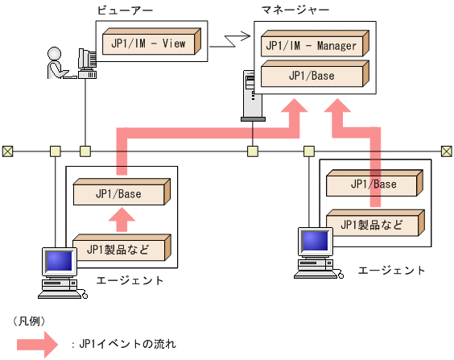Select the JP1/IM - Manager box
pyautogui.click(x=312, y=45)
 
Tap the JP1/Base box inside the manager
pyautogui.click(x=312, y=76)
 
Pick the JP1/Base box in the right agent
pyautogui.click(x=373, y=184)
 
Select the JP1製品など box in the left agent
pyautogui.click(x=121, y=248)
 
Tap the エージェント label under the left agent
pyautogui.click(x=130, y=280)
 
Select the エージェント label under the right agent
pyautogui.click(x=391, y=269)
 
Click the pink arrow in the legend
pyautogui.click(x=36, y=344)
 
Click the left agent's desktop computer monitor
pyautogui.click(x=58, y=262)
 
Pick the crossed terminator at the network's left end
pyautogui.click(x=7, y=151)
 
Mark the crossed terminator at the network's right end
pyautogui.click(x=446, y=151)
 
